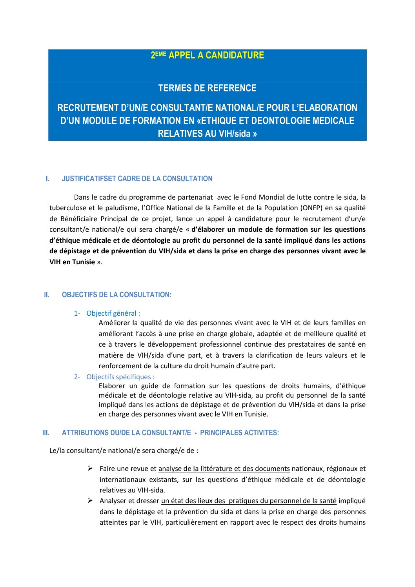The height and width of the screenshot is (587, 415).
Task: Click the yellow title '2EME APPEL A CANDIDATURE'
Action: (x=207, y=55)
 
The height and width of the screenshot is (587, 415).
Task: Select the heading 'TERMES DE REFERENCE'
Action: (x=207, y=88)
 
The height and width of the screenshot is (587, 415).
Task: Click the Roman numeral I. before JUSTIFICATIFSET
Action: (x=47, y=179)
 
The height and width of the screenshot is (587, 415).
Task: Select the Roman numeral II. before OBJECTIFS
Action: (x=47, y=295)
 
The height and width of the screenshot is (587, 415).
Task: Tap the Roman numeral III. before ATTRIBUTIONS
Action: (x=46, y=433)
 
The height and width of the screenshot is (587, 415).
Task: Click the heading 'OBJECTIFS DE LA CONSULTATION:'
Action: (x=116, y=295)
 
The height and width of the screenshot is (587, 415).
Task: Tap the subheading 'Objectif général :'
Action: (x=113, y=313)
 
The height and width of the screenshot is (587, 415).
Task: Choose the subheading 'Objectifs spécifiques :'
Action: (x=120, y=377)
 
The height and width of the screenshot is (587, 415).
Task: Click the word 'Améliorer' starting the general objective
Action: (x=114, y=323)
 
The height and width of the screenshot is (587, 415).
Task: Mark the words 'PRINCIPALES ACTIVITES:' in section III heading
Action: (x=239, y=433)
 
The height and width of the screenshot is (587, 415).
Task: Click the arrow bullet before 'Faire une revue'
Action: (x=90, y=469)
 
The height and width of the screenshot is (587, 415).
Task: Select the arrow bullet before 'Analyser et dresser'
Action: (x=90, y=501)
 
